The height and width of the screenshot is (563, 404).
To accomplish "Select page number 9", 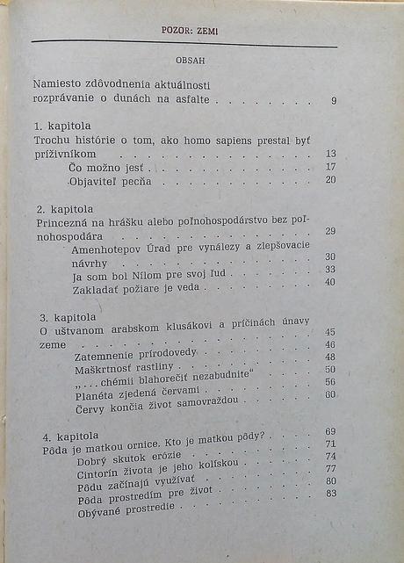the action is [334, 101].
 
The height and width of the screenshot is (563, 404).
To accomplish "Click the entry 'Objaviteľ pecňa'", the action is [110, 182].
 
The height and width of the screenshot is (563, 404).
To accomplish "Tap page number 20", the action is [330, 180].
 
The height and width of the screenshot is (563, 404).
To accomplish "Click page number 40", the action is [330, 282].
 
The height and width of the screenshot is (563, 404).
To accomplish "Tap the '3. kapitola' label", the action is [61, 315].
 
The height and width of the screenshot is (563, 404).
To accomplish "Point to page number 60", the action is [330, 394].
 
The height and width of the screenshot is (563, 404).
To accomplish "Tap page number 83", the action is [331, 494].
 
